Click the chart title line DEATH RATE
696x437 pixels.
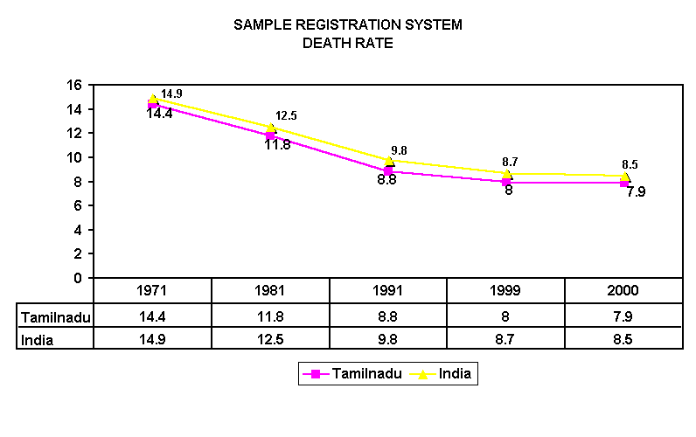pyautogui.click(x=347, y=42)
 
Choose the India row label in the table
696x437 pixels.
pyautogui.click(x=38, y=340)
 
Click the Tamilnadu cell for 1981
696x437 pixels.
pyautogui.click(x=271, y=316)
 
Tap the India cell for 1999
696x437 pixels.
pyautogui.click(x=505, y=340)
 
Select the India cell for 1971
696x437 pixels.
pyautogui.click(x=153, y=340)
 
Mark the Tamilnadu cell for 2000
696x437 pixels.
pyautogui.click(x=623, y=316)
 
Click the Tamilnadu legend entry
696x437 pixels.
pyautogui.click(x=352, y=374)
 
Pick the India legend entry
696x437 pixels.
pyautogui.click(x=445, y=374)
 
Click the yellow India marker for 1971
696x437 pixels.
pyautogui.click(x=154, y=100)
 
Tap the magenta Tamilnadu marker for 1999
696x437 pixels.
pyautogui.click(x=506, y=182)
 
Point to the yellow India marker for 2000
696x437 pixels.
pyautogui.click(x=624, y=177)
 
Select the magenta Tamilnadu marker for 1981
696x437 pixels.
pyautogui.click(x=271, y=135)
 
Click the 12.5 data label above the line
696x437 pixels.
pyautogui.click(x=286, y=115)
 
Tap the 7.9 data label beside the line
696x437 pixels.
pyautogui.click(x=636, y=192)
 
